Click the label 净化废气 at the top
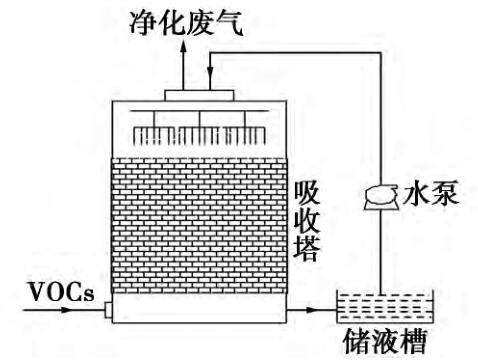(186, 23)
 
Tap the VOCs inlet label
(62, 292)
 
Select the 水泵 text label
(431, 193)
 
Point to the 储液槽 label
(385, 341)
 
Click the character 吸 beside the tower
(307, 193)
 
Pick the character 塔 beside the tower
(307, 249)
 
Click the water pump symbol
(381, 197)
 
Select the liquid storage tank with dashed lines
(385, 306)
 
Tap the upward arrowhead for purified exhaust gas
(183, 48)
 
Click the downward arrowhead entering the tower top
(210, 71)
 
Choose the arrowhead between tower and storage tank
(310, 310)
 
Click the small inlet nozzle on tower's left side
(108, 310)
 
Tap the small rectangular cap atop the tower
(199, 95)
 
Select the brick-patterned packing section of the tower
(199, 226)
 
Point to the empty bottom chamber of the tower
(199, 308)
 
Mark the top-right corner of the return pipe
(381, 52)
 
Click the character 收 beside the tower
(307, 221)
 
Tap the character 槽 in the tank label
(414, 341)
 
